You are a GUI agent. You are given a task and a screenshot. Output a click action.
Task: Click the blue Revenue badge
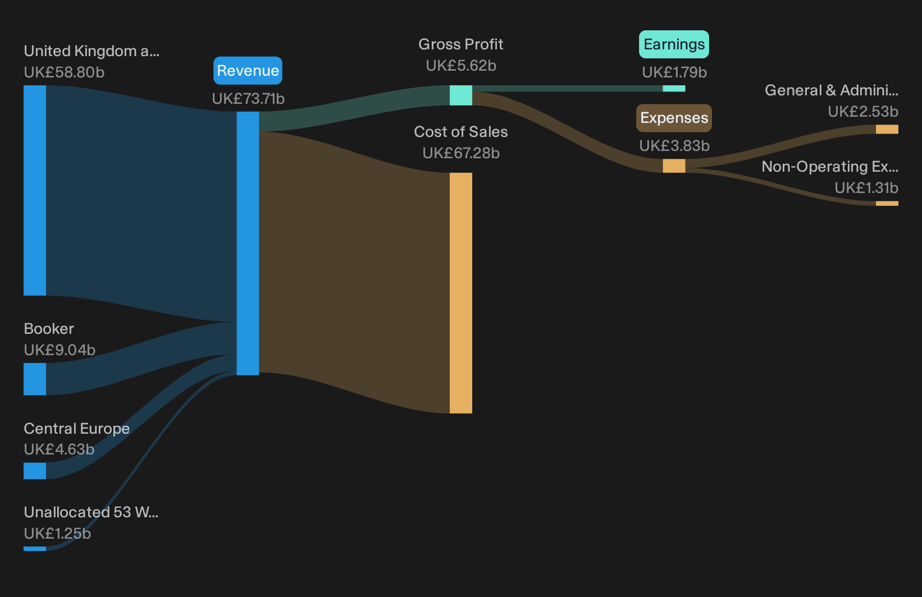coord(248,70)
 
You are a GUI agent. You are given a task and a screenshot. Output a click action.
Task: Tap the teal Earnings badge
coord(674,44)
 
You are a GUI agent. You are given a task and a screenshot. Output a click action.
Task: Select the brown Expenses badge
coord(674,118)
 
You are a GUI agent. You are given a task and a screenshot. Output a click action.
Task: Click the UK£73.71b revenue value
coord(248,99)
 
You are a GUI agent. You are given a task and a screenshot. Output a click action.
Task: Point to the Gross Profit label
coord(460,44)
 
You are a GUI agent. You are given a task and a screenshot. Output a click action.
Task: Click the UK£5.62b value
coord(461,66)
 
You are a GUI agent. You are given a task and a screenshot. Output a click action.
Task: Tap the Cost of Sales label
coord(460,132)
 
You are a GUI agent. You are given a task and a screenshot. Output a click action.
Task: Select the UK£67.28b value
coord(461,153)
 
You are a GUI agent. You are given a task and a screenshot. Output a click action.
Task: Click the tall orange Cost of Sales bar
coord(460,293)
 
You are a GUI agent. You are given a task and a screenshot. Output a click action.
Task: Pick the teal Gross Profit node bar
coord(460,95)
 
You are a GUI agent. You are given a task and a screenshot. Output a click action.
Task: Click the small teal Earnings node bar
coord(674,89)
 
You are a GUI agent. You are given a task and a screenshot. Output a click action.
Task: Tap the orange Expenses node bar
coord(674,166)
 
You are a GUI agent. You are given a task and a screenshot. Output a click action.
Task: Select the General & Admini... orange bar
coord(887,129)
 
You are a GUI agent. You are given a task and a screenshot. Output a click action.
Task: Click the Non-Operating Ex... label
coord(830,167)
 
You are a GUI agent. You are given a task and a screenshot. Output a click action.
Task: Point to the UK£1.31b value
coord(866,187)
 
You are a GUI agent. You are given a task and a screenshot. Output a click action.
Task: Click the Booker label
coord(48,329)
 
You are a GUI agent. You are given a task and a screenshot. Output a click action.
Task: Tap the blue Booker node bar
coord(35,379)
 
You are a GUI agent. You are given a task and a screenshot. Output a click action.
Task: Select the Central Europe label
coord(76,428)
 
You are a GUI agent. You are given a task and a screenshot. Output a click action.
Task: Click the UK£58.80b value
coord(64,72)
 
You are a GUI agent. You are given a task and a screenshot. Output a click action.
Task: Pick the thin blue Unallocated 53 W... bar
coord(35,548)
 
